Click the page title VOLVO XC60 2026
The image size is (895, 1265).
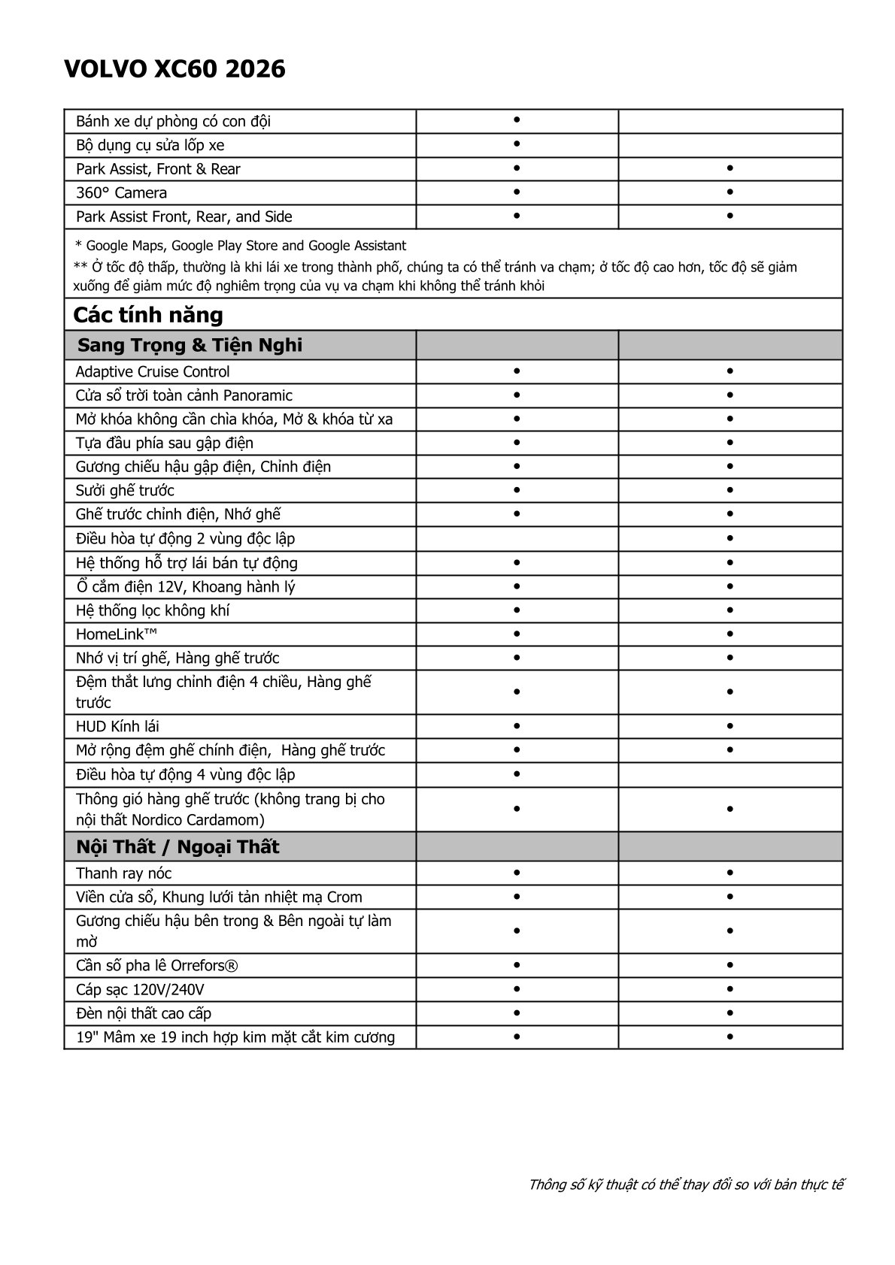[x=174, y=70]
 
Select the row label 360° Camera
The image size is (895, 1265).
[x=121, y=193]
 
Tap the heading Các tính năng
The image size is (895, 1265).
[x=148, y=314]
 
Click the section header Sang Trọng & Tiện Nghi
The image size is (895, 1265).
[x=190, y=346]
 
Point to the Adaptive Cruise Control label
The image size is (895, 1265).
[x=153, y=372]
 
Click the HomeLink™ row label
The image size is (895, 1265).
[x=117, y=634]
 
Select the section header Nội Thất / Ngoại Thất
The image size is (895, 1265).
[x=177, y=847]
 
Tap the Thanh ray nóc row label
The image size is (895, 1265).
[x=123, y=873]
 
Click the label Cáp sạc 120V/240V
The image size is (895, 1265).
[x=140, y=990]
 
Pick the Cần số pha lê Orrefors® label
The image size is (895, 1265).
[x=157, y=966]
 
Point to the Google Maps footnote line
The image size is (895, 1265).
[x=241, y=246]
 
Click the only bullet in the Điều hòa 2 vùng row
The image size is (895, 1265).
[x=730, y=539]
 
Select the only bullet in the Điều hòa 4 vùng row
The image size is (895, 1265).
[x=517, y=774]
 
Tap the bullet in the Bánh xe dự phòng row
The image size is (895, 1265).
[x=517, y=120]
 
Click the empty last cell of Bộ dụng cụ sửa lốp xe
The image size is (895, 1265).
[x=730, y=145]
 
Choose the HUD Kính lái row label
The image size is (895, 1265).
[x=117, y=727]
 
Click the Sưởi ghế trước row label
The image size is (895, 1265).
[x=125, y=491]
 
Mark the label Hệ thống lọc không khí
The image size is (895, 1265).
[x=153, y=610]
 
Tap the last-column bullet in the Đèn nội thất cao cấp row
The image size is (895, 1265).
[x=730, y=1013]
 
